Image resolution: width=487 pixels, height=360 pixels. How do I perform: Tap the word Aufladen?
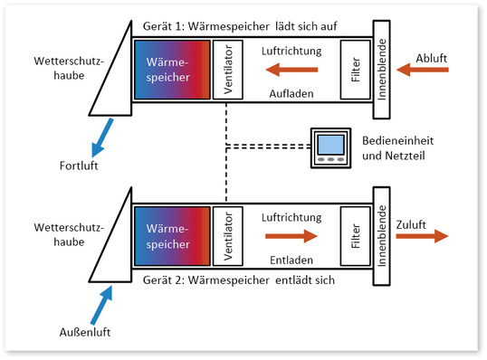(x=291, y=93)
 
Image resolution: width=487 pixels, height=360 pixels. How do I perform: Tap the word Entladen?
(x=291, y=260)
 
